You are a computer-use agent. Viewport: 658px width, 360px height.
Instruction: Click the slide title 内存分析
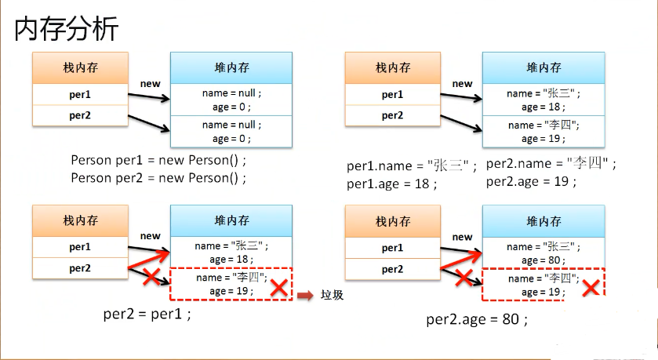(x=67, y=29)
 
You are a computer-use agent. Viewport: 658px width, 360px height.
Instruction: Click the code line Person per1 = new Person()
(x=158, y=161)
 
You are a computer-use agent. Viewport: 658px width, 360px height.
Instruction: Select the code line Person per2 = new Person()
(x=158, y=178)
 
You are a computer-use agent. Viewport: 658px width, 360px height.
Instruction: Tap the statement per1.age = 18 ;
(x=392, y=184)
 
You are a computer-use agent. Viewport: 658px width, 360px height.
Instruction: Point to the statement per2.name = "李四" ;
(x=551, y=164)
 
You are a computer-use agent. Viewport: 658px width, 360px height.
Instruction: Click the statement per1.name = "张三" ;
(x=412, y=165)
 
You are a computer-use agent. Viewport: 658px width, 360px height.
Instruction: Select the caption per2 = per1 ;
(x=147, y=314)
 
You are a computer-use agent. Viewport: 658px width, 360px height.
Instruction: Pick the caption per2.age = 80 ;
(x=477, y=319)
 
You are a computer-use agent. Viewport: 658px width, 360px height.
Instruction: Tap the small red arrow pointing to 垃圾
(x=305, y=296)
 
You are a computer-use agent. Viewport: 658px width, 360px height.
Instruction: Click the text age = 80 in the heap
(x=541, y=260)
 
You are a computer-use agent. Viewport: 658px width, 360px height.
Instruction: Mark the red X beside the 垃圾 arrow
(x=278, y=288)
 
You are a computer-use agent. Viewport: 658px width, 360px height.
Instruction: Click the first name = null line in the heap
(x=231, y=93)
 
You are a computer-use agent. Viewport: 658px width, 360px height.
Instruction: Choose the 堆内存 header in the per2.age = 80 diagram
(x=543, y=221)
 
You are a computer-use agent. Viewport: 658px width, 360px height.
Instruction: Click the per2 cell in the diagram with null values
(x=79, y=115)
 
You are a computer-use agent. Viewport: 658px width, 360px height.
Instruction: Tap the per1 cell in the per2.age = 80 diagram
(x=392, y=247)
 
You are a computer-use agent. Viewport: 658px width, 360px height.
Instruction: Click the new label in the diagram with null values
(x=150, y=83)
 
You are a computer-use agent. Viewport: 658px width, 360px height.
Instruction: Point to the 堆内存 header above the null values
(x=231, y=67)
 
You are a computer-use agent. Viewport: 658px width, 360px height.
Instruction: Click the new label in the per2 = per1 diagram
(x=150, y=236)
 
